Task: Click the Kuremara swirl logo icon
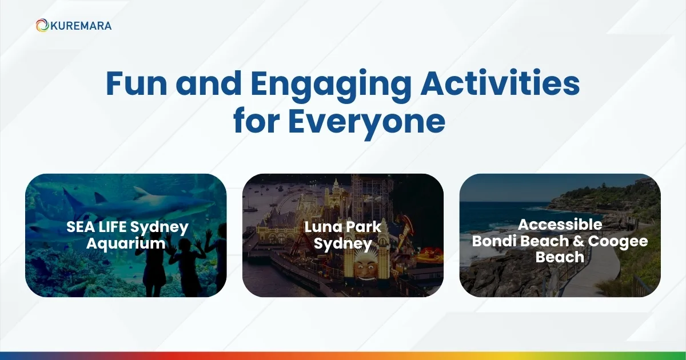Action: pyautogui.click(x=42, y=26)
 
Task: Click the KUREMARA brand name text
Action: pyautogui.click(x=80, y=26)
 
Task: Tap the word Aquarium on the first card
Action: pyautogui.click(x=126, y=244)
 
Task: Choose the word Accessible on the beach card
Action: pyautogui.click(x=560, y=225)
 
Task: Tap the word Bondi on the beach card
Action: pyautogui.click(x=493, y=241)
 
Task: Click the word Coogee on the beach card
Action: pyautogui.click(x=619, y=241)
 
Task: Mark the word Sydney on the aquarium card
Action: pyautogui.click(x=164, y=227)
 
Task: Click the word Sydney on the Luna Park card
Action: pyautogui.click(x=343, y=244)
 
